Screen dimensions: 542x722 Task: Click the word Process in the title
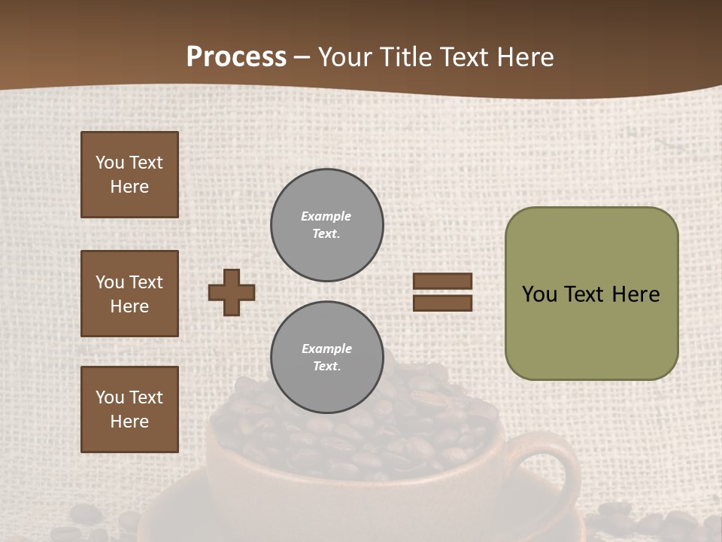(236, 57)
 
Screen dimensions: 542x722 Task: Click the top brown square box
(129, 175)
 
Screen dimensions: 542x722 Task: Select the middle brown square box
(129, 294)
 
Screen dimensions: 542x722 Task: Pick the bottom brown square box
(129, 410)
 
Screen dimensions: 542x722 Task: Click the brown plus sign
(232, 292)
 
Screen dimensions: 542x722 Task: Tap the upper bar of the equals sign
(442, 281)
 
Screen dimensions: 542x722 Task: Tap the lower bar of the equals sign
(442, 303)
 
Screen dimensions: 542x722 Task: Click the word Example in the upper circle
(326, 216)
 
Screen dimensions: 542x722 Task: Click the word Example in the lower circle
(326, 349)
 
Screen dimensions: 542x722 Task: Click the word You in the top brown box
(110, 163)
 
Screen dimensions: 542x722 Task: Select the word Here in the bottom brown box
(129, 422)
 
